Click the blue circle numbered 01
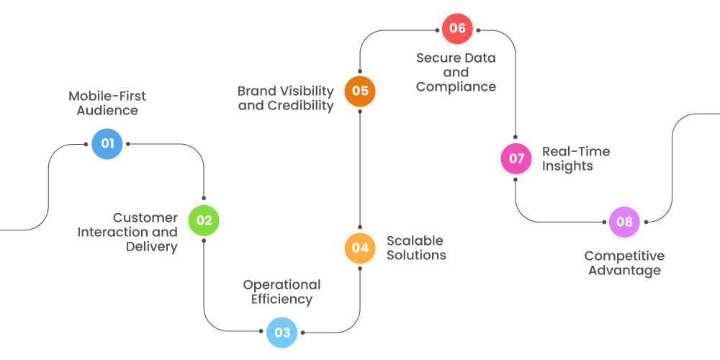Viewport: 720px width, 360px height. pyautogui.click(x=107, y=143)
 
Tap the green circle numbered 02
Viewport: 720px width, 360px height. pyautogui.click(x=204, y=220)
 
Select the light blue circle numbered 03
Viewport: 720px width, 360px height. pyautogui.click(x=282, y=333)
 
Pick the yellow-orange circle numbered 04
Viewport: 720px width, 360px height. pyautogui.click(x=359, y=248)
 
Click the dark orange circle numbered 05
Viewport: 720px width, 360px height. pyautogui.click(x=359, y=91)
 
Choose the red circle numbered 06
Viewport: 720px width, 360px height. pyautogui.click(x=457, y=29)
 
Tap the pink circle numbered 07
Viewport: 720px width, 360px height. pyautogui.click(x=516, y=158)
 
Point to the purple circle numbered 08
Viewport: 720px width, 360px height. pyautogui.click(x=624, y=222)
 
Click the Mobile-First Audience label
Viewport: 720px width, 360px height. pyautogui.click(x=107, y=104)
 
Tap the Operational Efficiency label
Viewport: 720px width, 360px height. pyautogui.click(x=282, y=292)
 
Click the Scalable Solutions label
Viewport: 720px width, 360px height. pyautogui.click(x=416, y=248)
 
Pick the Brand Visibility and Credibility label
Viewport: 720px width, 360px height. pyautogui.click(x=286, y=98)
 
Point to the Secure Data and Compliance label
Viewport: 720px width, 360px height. pyautogui.click(x=456, y=72)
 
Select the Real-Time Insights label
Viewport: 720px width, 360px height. pyautogui.click(x=575, y=158)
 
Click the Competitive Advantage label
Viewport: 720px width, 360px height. pyautogui.click(x=624, y=264)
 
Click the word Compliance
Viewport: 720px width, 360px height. pyautogui.click(x=456, y=87)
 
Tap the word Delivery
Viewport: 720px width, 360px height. pyautogui.click(x=151, y=247)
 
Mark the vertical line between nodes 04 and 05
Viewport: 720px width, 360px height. pyautogui.click(x=359, y=170)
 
